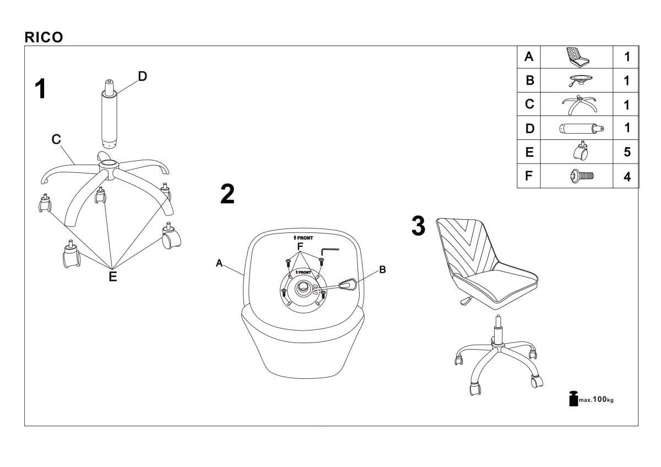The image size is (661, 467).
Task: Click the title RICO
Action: click(x=44, y=37)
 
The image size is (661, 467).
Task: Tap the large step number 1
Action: click(x=40, y=89)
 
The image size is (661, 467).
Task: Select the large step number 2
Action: click(x=227, y=194)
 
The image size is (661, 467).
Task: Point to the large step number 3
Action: click(x=419, y=226)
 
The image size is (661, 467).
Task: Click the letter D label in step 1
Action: click(x=142, y=77)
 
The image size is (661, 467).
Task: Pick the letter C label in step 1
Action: click(x=56, y=140)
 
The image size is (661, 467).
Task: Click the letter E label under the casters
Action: click(x=112, y=277)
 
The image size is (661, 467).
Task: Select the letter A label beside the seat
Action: click(x=219, y=264)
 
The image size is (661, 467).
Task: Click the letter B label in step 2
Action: click(x=382, y=270)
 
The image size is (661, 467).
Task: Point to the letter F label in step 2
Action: click(x=300, y=246)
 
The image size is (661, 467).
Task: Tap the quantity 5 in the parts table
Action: click(x=627, y=153)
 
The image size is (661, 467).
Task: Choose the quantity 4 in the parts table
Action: click(x=627, y=177)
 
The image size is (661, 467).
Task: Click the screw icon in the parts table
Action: click(x=582, y=176)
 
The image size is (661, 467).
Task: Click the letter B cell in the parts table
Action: click(x=530, y=80)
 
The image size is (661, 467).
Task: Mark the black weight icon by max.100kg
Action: click(x=573, y=398)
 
